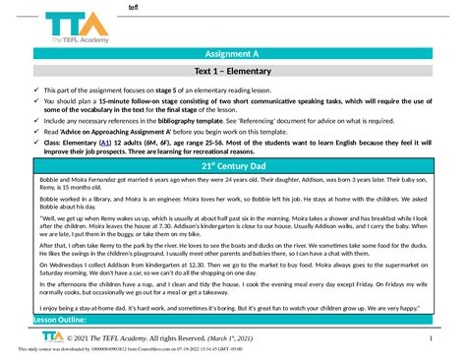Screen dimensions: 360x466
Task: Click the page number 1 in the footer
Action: (x=430, y=338)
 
